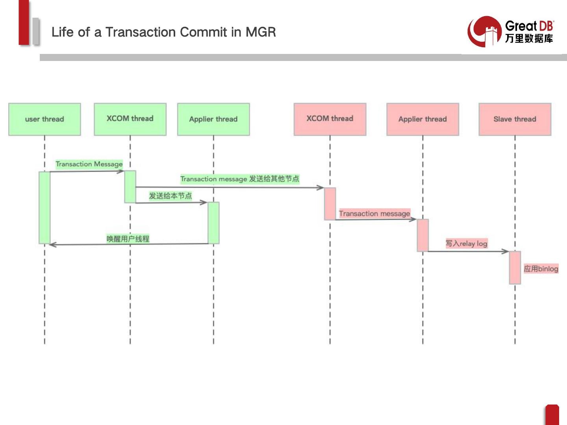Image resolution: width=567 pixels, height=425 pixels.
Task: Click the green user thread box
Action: tap(44, 119)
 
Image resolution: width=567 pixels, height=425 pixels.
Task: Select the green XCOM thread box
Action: tap(130, 119)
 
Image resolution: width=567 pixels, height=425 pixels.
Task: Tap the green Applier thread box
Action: tap(213, 119)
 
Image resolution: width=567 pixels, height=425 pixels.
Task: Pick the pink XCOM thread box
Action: tap(330, 119)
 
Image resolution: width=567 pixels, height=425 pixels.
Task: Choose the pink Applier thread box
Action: tap(422, 119)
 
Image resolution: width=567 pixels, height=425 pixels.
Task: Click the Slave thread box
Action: tap(515, 119)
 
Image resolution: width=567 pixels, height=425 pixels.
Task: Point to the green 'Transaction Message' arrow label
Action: tap(89, 164)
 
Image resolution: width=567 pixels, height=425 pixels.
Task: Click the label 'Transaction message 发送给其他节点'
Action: tap(239, 179)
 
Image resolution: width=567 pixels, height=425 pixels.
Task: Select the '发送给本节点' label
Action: tap(170, 196)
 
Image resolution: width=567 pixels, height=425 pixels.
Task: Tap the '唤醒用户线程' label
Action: tap(128, 238)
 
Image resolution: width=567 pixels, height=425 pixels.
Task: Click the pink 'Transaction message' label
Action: tap(374, 213)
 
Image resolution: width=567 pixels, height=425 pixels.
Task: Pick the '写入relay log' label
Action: tap(467, 244)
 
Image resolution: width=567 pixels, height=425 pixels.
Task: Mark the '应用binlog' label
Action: tap(541, 269)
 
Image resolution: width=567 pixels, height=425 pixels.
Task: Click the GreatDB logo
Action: tap(511, 31)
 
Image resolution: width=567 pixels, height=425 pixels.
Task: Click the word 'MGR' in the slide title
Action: tap(261, 32)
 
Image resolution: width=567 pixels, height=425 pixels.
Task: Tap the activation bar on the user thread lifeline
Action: tap(44, 207)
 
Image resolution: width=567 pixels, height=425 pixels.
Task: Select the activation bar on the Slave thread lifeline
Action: tap(515, 267)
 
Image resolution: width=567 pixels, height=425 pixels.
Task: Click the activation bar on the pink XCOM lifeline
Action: tap(330, 203)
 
